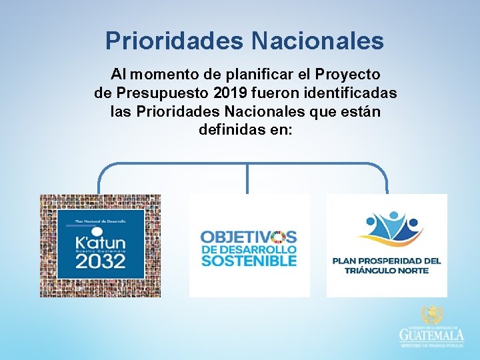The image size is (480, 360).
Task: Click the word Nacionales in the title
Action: click(x=317, y=41)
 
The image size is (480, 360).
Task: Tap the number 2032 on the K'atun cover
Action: click(x=99, y=259)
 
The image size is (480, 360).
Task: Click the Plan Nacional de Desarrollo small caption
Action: click(x=99, y=219)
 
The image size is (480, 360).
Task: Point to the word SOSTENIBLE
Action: click(x=248, y=261)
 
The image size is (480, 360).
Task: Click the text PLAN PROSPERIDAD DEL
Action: click(x=387, y=261)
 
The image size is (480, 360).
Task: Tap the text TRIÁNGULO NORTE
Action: click(x=387, y=270)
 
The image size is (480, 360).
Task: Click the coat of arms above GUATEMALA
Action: click(x=431, y=315)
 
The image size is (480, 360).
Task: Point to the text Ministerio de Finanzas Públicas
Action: click(x=431, y=345)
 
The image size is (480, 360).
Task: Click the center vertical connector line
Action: click(x=247, y=179)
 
